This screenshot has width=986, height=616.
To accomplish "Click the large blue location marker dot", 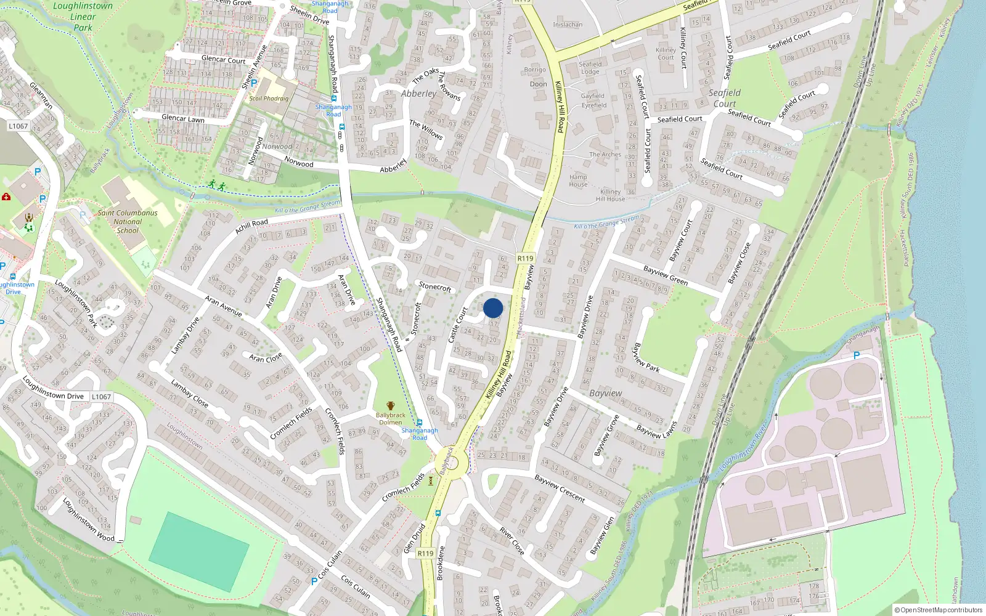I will coord(493,308).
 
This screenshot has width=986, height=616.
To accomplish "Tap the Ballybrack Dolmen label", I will coord(391,418).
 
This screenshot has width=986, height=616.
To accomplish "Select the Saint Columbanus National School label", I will coord(128,222).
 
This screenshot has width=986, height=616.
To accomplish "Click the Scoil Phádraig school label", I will coord(269,98).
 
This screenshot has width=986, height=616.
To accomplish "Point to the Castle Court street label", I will coord(458,325).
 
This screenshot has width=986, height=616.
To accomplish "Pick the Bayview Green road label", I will coord(665,275).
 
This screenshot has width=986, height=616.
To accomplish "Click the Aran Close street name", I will coord(266,357).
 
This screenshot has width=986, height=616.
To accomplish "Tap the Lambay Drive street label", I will coord(185,335).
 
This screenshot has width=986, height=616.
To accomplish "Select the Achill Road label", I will coord(251,226).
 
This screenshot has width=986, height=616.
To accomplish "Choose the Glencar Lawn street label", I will coord(182,118).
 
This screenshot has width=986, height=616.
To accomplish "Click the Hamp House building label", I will coord(578,180).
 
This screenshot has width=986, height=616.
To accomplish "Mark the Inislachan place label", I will coord(568,25).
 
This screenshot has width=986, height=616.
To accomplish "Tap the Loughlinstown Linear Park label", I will coord(83,17).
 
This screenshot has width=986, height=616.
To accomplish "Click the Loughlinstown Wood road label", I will coord(89,519).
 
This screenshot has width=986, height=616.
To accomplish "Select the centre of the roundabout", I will coord(451,464).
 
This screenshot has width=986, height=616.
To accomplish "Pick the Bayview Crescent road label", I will coord(560,488).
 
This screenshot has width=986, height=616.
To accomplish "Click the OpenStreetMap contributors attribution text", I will coord(938,610).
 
